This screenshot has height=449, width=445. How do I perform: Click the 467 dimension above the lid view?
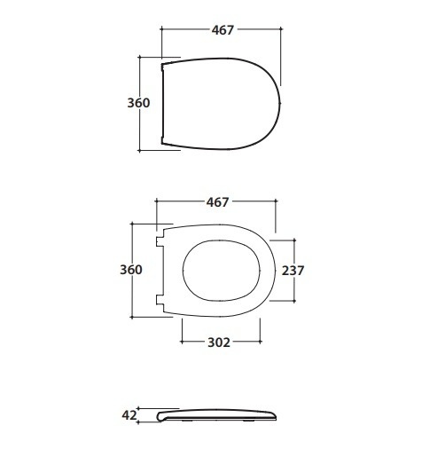click(x=222, y=30)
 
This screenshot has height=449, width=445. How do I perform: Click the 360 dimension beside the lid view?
click(x=138, y=103)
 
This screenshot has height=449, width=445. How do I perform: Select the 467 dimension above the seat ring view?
click(x=217, y=202)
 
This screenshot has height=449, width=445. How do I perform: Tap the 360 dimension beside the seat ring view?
click(x=131, y=270)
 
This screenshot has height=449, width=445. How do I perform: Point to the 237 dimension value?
click(x=293, y=271)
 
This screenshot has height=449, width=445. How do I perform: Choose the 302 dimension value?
click(x=219, y=343)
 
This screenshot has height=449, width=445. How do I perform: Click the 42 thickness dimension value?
click(x=129, y=415)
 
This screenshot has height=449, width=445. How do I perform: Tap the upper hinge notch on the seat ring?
click(x=160, y=242)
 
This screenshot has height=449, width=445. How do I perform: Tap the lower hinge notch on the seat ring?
click(x=160, y=300)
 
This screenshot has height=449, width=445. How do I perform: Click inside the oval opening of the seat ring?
click(x=222, y=271)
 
